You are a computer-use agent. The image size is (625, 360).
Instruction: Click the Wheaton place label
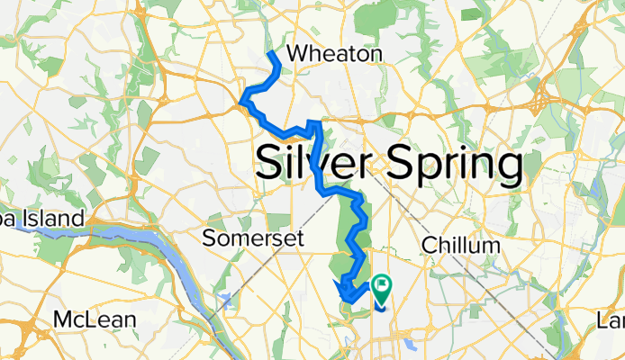coord(333,55)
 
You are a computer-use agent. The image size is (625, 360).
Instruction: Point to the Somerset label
coord(256,239)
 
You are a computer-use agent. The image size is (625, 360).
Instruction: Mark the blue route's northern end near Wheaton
coord(272,54)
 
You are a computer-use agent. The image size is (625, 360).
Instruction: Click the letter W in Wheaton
coord(295,55)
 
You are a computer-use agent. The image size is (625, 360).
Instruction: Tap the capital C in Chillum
coord(430,246)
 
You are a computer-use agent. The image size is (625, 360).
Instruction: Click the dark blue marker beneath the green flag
coord(378,304)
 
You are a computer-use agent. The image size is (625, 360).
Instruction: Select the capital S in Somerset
coord(210,239)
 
